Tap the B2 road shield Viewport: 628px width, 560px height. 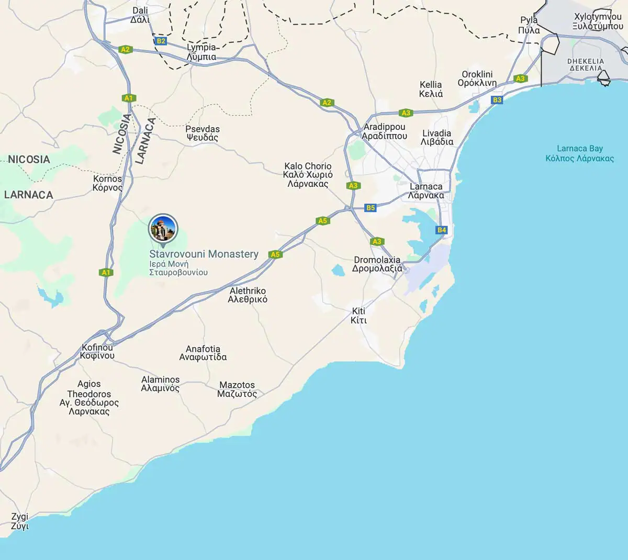click(161, 41)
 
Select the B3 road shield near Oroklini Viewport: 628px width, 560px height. click(497, 99)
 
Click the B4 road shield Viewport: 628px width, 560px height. click(442, 230)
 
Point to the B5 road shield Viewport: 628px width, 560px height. click(371, 208)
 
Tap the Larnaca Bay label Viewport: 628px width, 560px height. click(579, 153)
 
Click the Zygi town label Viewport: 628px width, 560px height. click(20, 521)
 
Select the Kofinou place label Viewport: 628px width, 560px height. click(97, 351)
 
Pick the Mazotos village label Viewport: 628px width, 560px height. click(237, 389)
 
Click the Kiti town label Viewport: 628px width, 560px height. click(358, 315)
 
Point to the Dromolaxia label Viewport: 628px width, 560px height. click(377, 264)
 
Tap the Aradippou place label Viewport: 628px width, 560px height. click(384, 131)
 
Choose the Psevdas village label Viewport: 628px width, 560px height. click(203, 133)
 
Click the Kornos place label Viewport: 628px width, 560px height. click(107, 183)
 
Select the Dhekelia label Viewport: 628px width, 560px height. click(586, 64)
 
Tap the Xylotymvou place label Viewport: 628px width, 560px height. click(597, 21)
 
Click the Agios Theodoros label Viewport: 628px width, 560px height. click(89, 398)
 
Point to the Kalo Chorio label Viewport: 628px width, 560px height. click(308, 175)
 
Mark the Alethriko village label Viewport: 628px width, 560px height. click(248, 295)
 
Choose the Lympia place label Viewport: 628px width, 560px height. click(201, 52)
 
